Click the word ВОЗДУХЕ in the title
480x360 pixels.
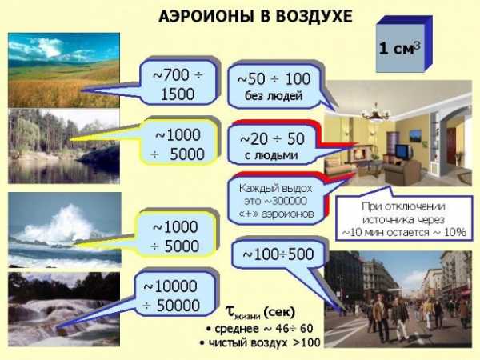(x=314, y=16)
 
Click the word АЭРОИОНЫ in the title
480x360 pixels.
(x=206, y=16)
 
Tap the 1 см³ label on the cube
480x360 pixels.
(x=400, y=48)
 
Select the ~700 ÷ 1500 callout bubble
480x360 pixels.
(x=178, y=83)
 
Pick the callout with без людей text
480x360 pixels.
(x=274, y=86)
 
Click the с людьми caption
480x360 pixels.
(x=271, y=155)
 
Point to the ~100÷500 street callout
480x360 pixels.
(x=278, y=254)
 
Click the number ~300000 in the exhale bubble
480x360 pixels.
(x=276, y=201)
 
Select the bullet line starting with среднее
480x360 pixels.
(x=259, y=329)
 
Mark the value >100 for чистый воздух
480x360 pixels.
(x=306, y=342)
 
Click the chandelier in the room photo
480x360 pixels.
(x=375, y=113)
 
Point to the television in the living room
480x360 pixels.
(x=404, y=151)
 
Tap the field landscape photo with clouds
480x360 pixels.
(x=64, y=70)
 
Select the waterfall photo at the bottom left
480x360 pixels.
(x=64, y=309)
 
